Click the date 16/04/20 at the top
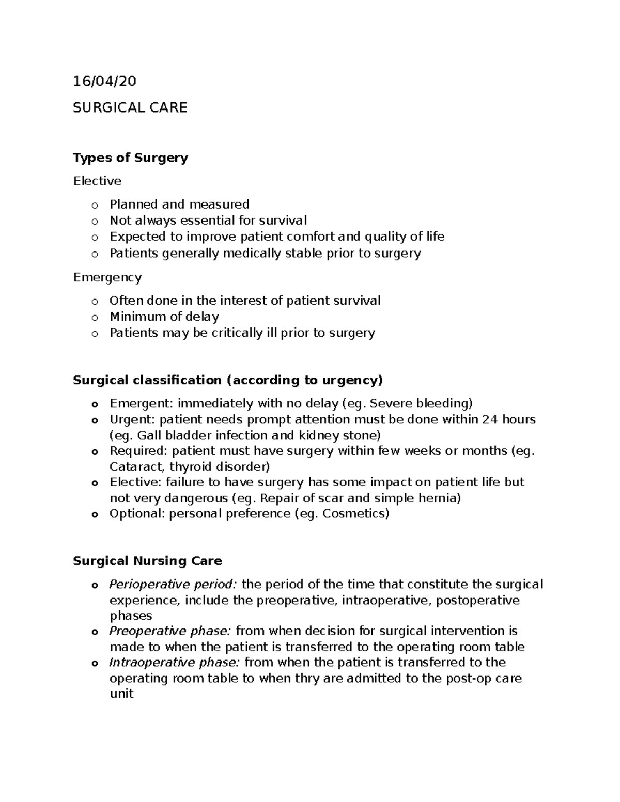105,82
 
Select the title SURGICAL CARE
130,107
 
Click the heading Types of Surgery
130,158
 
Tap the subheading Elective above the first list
97,181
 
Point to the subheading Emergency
107,277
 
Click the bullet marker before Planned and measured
94,206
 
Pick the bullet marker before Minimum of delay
94,318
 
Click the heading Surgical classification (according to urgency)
228,380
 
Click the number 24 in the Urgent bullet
489,419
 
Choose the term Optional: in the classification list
137,513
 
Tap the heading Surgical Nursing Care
147,561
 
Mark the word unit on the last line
121,694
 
